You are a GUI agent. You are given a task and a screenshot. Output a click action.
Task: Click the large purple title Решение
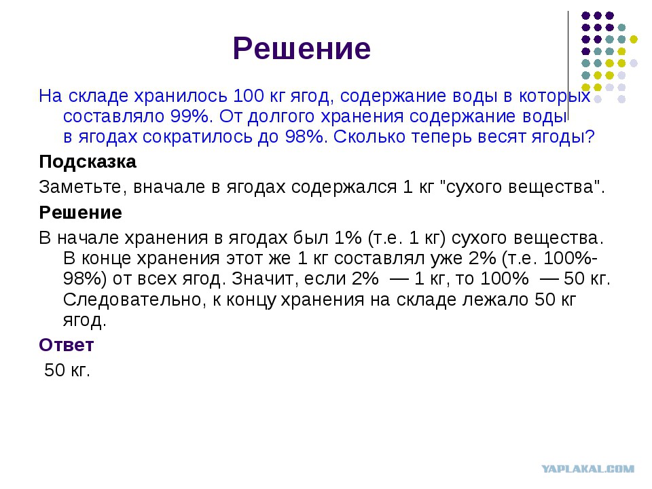pos(302,49)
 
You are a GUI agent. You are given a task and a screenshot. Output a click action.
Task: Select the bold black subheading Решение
pos(81,213)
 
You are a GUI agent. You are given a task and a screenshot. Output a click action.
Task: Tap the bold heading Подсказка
pos(88,162)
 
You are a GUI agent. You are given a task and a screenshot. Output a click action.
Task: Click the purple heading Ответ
pos(67,345)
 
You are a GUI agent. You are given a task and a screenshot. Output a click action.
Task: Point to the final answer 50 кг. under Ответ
pos(67,370)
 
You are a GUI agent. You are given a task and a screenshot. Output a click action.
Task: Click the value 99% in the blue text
pos(189,116)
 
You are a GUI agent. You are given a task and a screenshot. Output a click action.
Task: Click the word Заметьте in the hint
pos(81,187)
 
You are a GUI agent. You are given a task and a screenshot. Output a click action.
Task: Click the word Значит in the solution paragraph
pos(266,278)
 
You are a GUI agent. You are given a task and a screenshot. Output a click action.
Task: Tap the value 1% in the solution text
pos(348,238)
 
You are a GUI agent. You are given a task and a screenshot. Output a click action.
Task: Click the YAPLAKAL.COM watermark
pos(588,469)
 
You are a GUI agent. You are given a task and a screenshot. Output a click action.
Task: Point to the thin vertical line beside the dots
pos(568,66)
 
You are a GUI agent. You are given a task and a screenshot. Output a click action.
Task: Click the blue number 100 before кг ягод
pos(249,96)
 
